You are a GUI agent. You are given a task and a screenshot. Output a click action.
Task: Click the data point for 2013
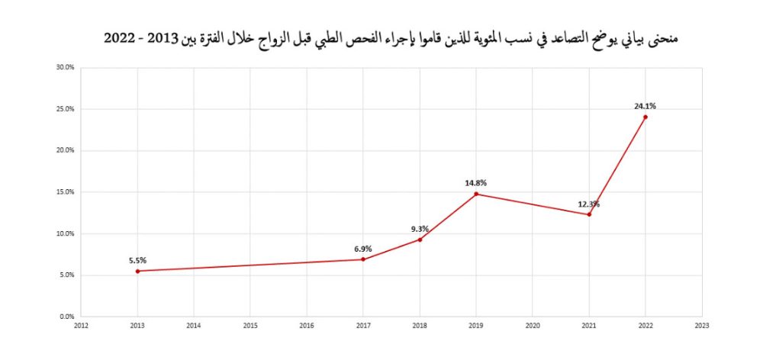(137, 271)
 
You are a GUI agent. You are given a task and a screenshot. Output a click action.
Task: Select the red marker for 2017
(363, 259)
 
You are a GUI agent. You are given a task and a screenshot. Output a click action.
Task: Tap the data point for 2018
(420, 239)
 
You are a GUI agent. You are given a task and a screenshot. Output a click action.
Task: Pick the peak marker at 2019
(476, 194)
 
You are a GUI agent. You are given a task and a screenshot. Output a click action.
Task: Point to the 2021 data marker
(589, 214)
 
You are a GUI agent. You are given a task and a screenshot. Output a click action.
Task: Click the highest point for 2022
(645, 117)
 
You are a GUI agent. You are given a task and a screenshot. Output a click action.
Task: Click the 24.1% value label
(645, 106)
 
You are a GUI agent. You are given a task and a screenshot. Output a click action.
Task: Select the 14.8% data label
(475, 183)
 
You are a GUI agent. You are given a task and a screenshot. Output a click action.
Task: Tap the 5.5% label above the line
(137, 260)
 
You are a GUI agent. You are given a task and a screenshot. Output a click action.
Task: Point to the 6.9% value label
(363, 249)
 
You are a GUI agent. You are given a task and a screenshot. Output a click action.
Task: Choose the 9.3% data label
(420, 229)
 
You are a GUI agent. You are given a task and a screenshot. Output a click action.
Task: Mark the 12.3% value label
(588, 204)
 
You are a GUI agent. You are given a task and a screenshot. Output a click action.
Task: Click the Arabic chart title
(391, 37)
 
